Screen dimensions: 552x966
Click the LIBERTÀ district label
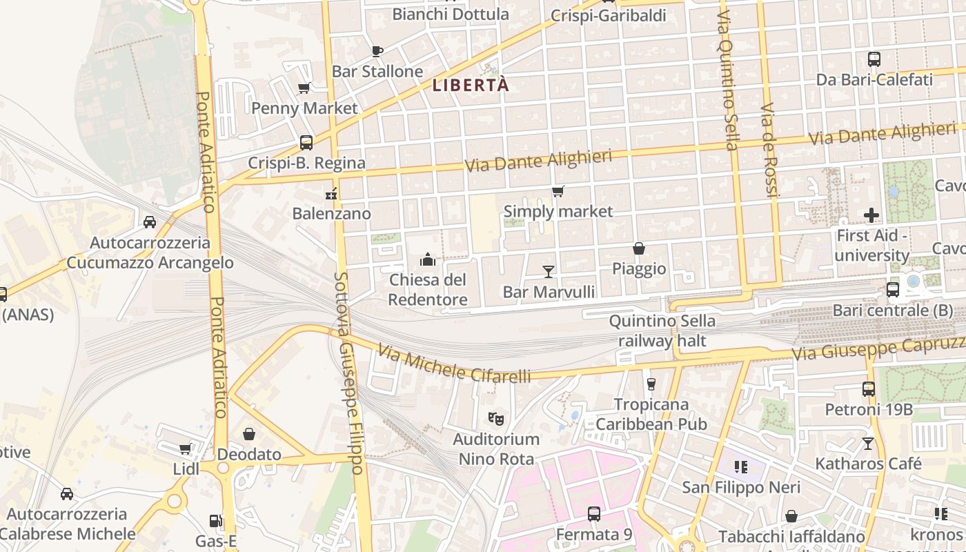(x=471, y=86)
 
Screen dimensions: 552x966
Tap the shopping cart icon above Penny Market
(x=304, y=88)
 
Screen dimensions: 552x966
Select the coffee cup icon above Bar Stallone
(x=377, y=50)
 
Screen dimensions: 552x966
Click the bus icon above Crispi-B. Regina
(x=306, y=143)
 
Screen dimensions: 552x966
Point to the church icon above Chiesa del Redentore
(x=428, y=259)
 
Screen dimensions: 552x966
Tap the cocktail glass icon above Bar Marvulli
(x=549, y=271)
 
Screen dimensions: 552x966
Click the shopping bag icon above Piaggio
(x=639, y=248)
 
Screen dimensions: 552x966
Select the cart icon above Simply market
(x=558, y=191)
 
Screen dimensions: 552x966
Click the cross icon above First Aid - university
(x=871, y=215)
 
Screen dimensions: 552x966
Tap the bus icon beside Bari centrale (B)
(x=893, y=290)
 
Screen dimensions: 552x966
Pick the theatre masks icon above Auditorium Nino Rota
(x=495, y=418)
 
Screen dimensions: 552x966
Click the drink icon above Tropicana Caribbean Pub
(x=651, y=384)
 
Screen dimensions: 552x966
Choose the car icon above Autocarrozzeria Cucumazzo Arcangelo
(x=150, y=222)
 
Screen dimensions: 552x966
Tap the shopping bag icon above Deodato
(x=249, y=434)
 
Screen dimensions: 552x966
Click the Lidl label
(x=186, y=470)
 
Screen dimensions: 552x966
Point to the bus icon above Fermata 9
(x=593, y=514)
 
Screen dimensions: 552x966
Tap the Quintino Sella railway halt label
(x=662, y=331)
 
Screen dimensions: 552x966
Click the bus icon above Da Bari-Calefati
(x=874, y=59)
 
